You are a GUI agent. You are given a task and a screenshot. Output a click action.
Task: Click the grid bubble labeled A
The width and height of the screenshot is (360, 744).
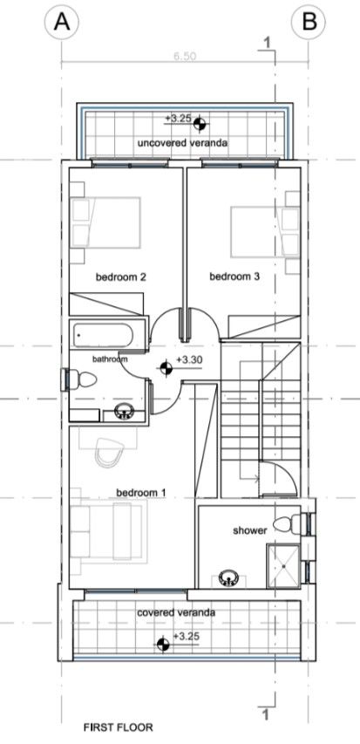61,23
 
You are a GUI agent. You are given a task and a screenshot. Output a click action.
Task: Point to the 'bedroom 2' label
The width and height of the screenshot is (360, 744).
121,277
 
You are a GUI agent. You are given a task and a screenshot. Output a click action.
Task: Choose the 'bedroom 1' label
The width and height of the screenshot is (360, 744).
140,493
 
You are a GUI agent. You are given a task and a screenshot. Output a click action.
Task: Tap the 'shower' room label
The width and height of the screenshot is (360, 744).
249,530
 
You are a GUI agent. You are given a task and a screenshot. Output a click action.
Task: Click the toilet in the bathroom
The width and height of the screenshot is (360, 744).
83,379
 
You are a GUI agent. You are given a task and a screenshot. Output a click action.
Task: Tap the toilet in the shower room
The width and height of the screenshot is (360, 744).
285,523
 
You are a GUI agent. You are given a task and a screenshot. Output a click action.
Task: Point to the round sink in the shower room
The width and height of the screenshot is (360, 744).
228,577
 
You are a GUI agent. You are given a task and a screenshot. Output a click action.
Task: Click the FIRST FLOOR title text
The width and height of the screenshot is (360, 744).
118,726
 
